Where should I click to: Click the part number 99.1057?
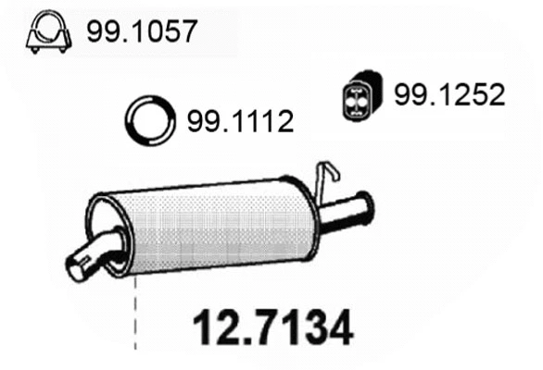pyautogui.click(x=142, y=33)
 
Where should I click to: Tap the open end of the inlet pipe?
pyautogui.click(x=76, y=268)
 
